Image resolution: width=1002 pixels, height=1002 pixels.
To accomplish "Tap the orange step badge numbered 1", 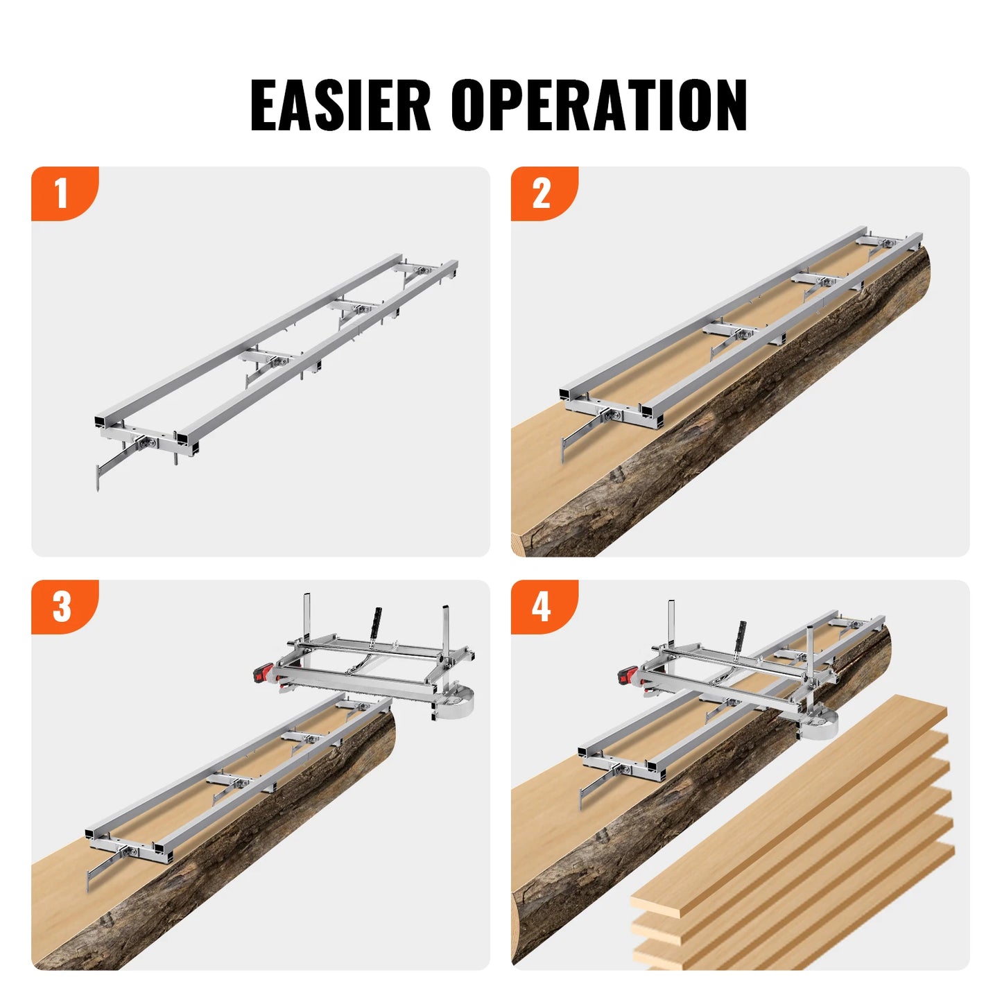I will (62, 193).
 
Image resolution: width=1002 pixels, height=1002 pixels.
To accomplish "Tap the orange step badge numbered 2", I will (542, 193).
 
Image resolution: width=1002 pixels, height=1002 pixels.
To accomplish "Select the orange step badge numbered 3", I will (62, 606).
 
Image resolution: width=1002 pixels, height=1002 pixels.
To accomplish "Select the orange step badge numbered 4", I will (542, 606).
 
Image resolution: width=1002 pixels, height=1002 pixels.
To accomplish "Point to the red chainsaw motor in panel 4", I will (628, 675).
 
